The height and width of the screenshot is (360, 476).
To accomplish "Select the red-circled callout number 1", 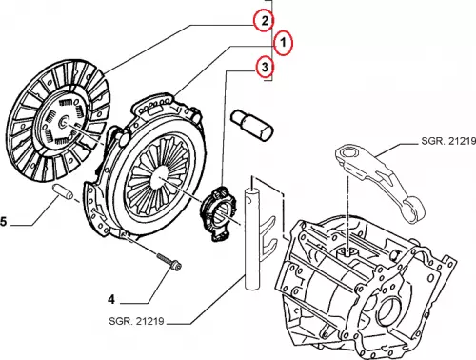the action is pyautogui.click(x=284, y=43).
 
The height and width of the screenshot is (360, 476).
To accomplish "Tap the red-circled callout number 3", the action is pyautogui.click(x=265, y=68).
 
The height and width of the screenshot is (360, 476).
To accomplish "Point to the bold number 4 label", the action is pyautogui.click(x=111, y=299).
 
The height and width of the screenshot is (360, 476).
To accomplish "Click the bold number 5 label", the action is pyautogui.click(x=3, y=221).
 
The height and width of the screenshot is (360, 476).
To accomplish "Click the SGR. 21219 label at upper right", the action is pyautogui.click(x=448, y=141).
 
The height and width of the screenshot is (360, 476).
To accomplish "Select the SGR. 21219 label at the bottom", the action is pyautogui.click(x=136, y=321).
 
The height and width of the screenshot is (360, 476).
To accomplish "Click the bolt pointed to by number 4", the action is pyautogui.click(x=169, y=261).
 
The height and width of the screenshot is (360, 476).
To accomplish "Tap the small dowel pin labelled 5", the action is pyautogui.click(x=63, y=191).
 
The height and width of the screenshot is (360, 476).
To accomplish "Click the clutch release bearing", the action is pyautogui.click(x=221, y=213).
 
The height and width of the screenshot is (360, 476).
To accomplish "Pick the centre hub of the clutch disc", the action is pyautogui.click(x=65, y=121).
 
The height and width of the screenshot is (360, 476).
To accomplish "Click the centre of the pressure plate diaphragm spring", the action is pyautogui.click(x=161, y=178).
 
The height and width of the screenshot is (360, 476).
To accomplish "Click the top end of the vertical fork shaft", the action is pyautogui.click(x=251, y=190).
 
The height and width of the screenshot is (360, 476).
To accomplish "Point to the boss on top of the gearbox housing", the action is pyautogui.click(x=347, y=252).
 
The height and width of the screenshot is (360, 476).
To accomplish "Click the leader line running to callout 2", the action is pyautogui.click(x=179, y=48).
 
